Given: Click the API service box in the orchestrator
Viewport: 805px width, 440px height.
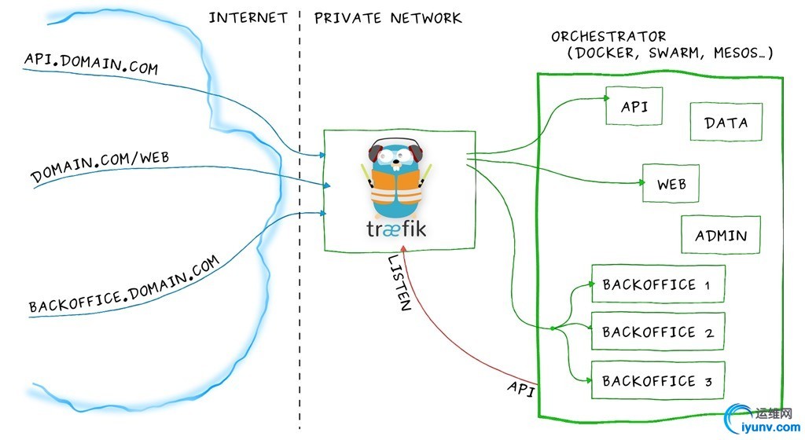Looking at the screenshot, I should coord(634,105).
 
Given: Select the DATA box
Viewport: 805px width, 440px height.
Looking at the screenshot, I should coord(726,122).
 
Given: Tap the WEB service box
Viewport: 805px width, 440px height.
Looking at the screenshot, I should coord(671,184).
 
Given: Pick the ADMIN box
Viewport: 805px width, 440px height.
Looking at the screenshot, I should coord(721,235).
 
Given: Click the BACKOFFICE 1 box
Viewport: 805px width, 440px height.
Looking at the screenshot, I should coord(657,284).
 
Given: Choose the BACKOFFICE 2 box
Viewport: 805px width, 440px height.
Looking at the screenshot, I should coord(657,332).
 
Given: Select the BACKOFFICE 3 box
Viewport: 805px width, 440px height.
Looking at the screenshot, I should coord(657,381).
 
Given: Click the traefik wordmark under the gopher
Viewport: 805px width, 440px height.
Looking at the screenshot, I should coord(399,228).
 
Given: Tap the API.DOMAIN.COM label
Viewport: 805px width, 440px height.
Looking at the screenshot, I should coord(91,64).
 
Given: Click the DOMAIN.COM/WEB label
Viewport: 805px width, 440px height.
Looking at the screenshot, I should coord(100,166).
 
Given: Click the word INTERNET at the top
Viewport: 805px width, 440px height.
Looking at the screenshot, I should coord(248,17).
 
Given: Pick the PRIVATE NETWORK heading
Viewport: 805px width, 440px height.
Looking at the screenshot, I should coord(388,17).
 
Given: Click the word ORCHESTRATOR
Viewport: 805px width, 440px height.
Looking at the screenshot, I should coord(608,36).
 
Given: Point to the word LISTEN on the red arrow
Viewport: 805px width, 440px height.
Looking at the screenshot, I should coord(399,283).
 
